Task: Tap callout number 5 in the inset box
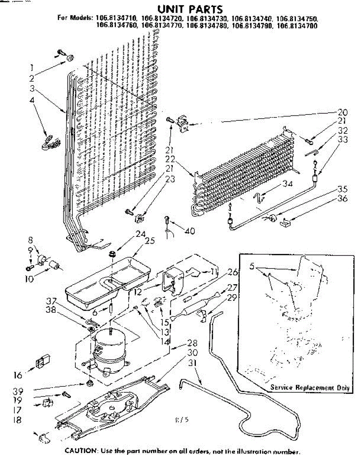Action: point(251,266)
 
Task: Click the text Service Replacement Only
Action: point(310,388)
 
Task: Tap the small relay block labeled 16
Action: point(43,361)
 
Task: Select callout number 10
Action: point(30,279)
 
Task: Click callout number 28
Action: point(193,344)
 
